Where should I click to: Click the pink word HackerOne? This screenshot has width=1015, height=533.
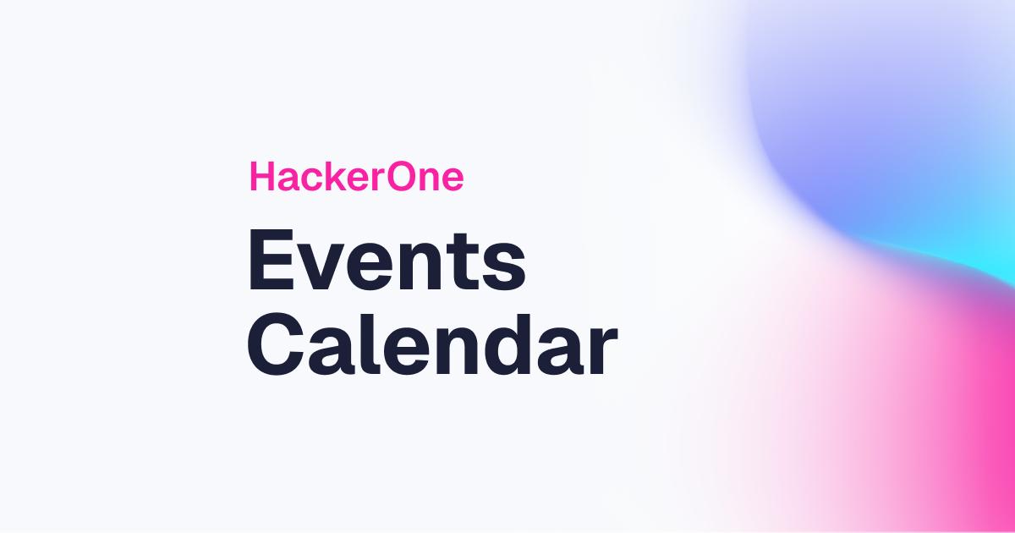[356, 178]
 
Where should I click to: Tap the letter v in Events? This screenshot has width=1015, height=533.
[321, 267]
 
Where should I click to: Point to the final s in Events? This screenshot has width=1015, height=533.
[506, 267]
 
